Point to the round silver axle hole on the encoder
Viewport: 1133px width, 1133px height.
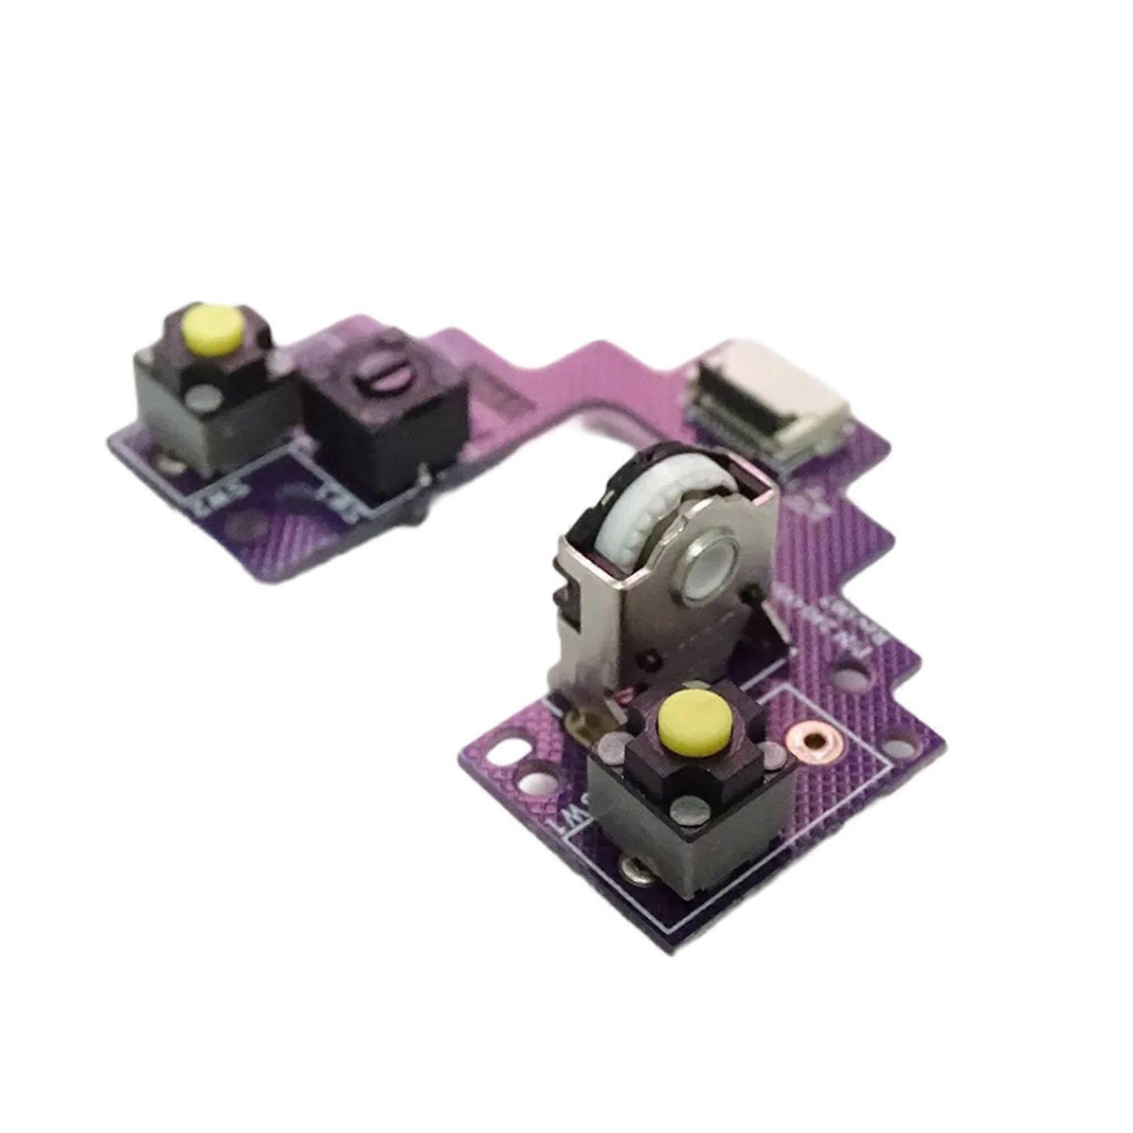(710, 566)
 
